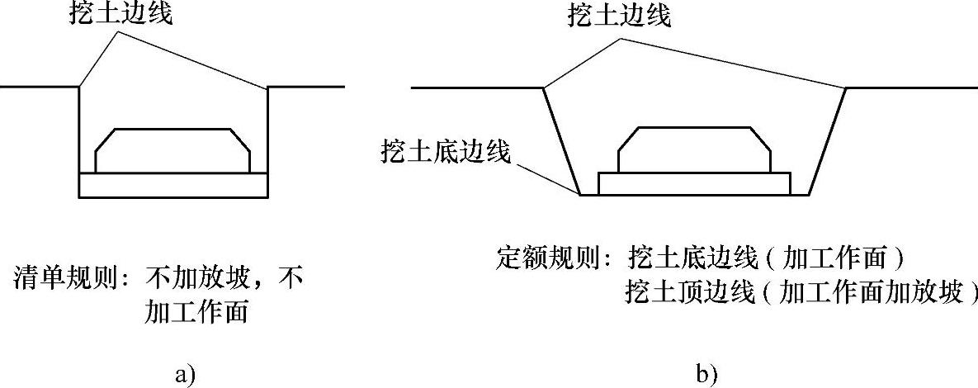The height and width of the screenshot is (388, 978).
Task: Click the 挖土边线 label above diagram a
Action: click(120, 15)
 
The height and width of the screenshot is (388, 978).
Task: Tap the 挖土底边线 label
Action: click(446, 152)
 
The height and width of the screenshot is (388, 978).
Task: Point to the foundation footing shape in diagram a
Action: click(172, 150)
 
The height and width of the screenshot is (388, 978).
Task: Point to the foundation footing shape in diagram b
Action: click(694, 150)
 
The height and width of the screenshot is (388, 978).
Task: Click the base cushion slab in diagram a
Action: click(172, 185)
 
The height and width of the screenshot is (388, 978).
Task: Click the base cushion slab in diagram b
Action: click(694, 184)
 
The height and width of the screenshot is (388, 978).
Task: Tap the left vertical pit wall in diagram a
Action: click(80, 140)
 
